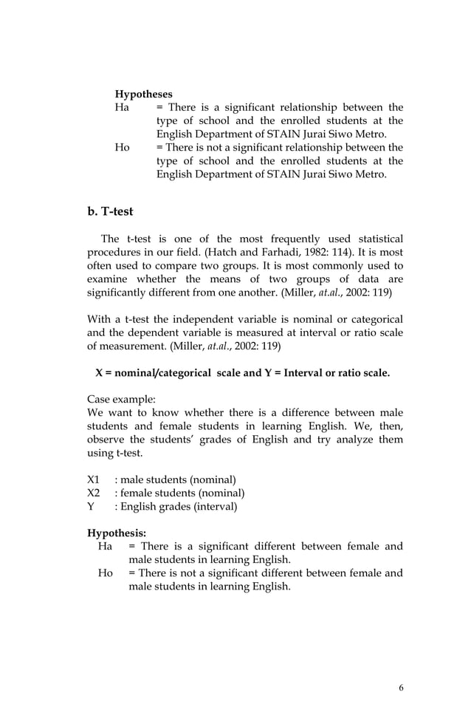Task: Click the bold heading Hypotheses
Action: (143, 95)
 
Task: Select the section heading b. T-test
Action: (110, 211)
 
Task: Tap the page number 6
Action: (401, 688)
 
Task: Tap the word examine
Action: (107, 281)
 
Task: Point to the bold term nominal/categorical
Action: (152, 372)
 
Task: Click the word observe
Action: (106, 440)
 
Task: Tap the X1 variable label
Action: (94, 479)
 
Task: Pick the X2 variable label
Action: (94, 493)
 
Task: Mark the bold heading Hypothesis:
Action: (117, 533)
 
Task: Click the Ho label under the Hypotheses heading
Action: (123, 148)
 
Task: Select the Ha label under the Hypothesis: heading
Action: (106, 547)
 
